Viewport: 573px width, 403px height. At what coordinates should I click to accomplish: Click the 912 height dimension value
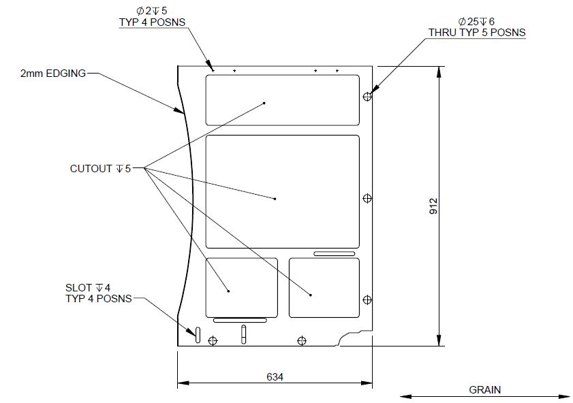point(433,206)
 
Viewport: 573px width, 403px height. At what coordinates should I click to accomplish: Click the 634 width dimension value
point(275,376)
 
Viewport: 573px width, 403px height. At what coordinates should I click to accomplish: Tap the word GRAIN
point(484,390)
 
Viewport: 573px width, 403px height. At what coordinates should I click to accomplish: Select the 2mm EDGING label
point(53,73)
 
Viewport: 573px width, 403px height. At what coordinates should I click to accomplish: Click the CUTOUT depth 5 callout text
point(100,168)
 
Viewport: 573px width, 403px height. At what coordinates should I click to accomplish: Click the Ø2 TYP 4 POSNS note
point(152,16)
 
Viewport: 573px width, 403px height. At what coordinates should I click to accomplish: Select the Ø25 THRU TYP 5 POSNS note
point(476,27)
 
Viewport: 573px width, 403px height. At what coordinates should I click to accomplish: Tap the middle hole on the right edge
point(368,198)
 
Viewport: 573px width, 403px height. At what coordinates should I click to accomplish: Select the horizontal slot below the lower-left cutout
point(240,319)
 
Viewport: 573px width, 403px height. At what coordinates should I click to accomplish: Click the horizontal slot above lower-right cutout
point(334,254)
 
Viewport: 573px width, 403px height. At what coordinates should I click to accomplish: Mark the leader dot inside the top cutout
point(264,103)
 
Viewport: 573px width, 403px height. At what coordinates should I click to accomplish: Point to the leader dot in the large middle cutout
point(275,199)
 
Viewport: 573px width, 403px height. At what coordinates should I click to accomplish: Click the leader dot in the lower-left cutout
point(228,291)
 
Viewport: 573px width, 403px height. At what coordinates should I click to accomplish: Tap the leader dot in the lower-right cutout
point(311,295)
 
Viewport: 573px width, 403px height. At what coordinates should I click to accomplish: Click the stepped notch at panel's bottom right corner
point(354,337)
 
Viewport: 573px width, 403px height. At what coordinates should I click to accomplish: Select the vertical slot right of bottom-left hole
point(243,334)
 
